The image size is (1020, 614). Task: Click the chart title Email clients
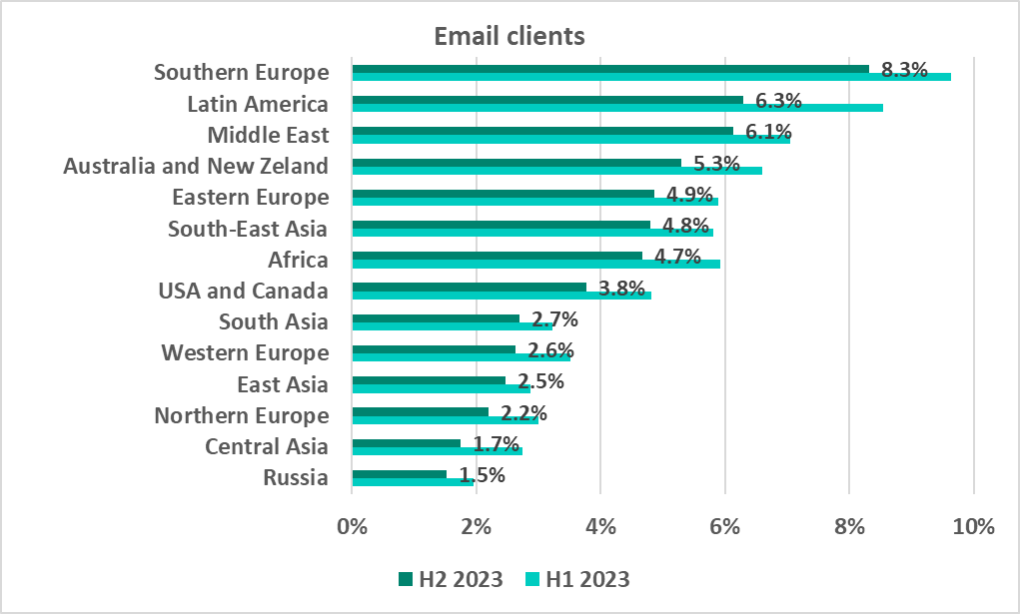pyautogui.click(x=509, y=36)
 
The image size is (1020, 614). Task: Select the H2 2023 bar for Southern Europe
pyautogui.click(x=609, y=68)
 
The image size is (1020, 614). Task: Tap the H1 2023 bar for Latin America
pyautogui.click(x=617, y=108)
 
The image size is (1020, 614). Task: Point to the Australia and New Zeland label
pyautogui.click(x=196, y=166)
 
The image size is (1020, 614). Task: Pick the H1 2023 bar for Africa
pyautogui.click(x=535, y=264)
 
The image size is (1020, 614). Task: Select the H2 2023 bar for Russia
pyautogui.click(x=399, y=474)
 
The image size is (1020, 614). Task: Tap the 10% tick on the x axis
pyautogui.click(x=973, y=526)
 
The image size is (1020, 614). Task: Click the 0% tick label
pyautogui.click(x=353, y=526)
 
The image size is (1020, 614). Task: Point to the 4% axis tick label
pyautogui.click(x=600, y=526)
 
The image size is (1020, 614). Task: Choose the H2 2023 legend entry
pyautogui.click(x=450, y=579)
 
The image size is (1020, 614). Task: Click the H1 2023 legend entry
pyautogui.click(x=576, y=579)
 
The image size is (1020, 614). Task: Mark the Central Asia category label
pyautogui.click(x=266, y=446)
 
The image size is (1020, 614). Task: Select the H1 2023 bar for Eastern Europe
pyautogui.click(x=534, y=202)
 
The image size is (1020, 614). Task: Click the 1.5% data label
pyautogui.click(x=482, y=476)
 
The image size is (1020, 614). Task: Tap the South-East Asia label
pyautogui.click(x=248, y=229)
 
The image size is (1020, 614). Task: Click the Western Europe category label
pyautogui.click(x=245, y=352)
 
